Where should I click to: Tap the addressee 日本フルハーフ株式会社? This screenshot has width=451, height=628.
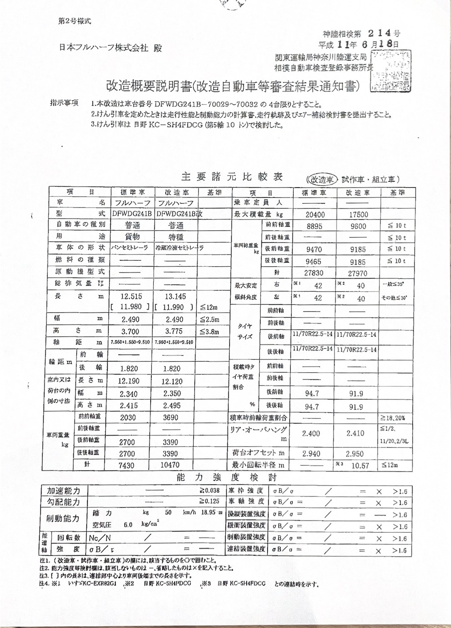pyautogui.click(x=104, y=48)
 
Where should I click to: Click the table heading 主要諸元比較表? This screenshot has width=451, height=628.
pyautogui.click(x=232, y=177)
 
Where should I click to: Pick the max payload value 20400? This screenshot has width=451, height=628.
pyautogui.click(x=315, y=215)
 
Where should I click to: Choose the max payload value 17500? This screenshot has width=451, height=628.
pyautogui.click(x=358, y=215)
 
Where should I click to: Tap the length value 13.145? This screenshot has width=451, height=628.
pyautogui.click(x=175, y=297)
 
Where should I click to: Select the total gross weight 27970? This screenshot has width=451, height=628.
pyautogui.click(x=357, y=273)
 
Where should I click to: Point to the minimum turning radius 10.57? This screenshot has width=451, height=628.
pyautogui.click(x=360, y=466)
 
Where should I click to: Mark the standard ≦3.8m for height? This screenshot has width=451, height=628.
pyautogui.click(x=209, y=331)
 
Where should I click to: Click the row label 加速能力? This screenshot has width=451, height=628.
pyautogui.click(x=64, y=491)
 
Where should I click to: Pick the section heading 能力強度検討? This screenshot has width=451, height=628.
pyautogui.click(x=226, y=477)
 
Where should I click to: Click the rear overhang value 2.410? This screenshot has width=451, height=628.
pyautogui.click(x=356, y=433)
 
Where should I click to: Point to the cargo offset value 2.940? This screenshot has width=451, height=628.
pyautogui.click(x=311, y=454)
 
